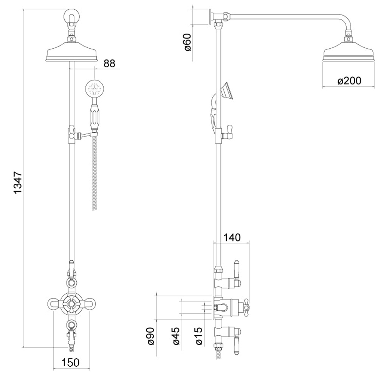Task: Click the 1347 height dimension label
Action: (x=18, y=183)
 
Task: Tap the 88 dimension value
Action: (x=110, y=64)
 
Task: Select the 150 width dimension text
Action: (x=70, y=363)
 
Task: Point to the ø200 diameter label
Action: (x=349, y=81)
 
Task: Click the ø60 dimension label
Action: (x=187, y=42)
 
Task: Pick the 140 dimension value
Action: (x=232, y=237)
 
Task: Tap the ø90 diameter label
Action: (x=150, y=336)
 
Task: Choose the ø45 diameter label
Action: (x=176, y=336)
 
